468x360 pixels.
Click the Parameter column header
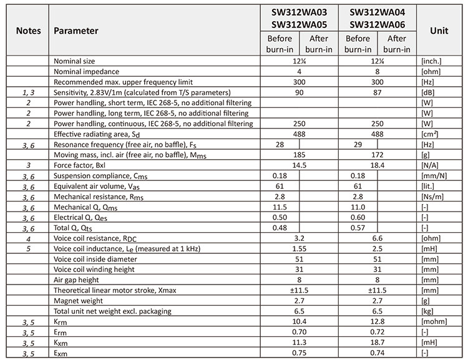point(76,31)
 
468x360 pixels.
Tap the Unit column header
point(439,31)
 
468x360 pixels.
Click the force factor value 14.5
point(298,164)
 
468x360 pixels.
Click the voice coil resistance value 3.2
point(298,238)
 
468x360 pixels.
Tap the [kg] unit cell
point(429,311)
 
